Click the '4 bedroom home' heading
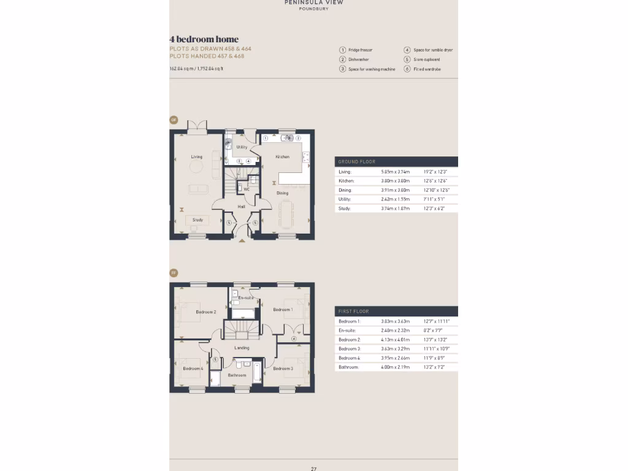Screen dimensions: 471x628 204,39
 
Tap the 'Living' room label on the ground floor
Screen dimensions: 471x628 196,157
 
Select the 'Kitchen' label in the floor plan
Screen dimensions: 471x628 282,157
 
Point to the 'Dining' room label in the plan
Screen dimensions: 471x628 282,193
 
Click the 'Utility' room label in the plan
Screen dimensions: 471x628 242,147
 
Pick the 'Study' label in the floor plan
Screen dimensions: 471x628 197,220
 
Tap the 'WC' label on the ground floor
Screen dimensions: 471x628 247,190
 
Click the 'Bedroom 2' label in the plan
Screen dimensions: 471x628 205,312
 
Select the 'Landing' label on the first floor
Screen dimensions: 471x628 242,348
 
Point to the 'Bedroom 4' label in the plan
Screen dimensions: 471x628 193,369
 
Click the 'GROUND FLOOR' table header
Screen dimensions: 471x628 357,162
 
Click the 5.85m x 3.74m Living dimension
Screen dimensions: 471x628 395,172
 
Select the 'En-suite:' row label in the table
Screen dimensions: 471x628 347,331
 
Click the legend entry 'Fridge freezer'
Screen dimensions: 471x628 360,50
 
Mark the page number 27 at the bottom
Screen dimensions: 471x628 313,469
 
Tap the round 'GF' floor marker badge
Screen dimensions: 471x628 174,120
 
